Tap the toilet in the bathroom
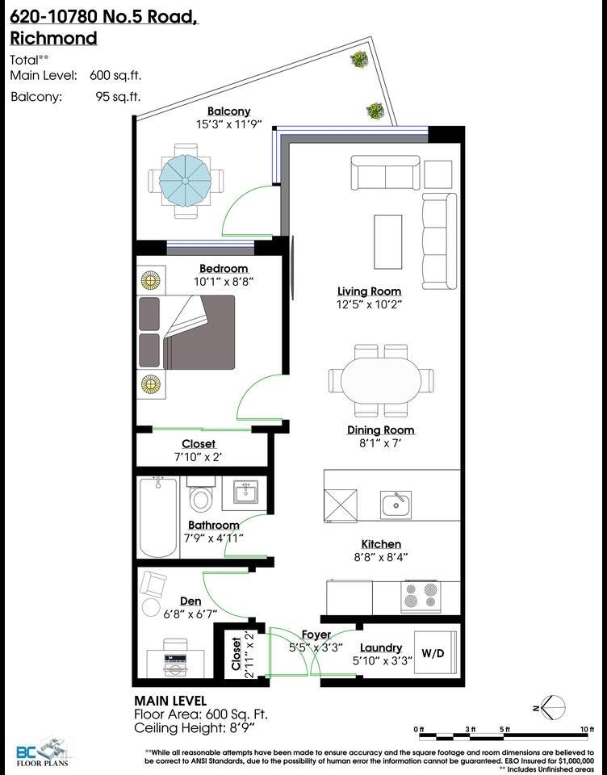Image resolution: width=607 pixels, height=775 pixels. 201,495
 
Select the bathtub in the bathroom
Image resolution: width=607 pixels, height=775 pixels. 158,517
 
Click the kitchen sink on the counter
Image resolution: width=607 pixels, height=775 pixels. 396,505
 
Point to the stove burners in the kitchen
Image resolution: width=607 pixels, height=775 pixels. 421,595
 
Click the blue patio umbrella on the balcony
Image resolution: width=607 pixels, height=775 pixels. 186,182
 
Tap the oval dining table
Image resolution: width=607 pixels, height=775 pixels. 381,380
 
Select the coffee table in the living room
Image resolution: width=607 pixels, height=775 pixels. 387,241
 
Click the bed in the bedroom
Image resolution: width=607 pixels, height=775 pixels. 186,332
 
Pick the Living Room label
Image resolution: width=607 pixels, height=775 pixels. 369,291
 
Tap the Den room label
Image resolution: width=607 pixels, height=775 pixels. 190,601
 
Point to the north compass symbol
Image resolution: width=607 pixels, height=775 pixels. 550,707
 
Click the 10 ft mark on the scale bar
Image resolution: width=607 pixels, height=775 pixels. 587,730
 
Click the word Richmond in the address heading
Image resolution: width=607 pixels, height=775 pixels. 53,38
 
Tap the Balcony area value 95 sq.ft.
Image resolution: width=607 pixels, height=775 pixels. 118,96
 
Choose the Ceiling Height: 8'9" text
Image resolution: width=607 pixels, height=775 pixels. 195,728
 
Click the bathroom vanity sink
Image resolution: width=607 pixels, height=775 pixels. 246,492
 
